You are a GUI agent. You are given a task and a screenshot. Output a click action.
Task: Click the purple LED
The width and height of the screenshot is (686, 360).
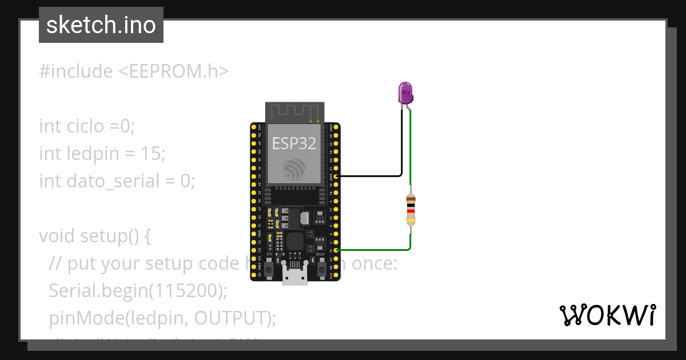(x=405, y=92)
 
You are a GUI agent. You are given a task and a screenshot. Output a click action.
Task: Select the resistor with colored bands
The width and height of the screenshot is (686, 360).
(x=410, y=209)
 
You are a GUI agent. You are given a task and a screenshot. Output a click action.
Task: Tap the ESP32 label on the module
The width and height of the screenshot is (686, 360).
(x=294, y=143)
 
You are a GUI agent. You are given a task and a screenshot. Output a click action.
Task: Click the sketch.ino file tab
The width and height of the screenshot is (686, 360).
(x=101, y=25)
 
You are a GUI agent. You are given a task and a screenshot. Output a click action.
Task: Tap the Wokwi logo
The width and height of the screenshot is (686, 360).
(x=607, y=315)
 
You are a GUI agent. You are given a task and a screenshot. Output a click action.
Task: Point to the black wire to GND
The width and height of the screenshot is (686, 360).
(x=372, y=176)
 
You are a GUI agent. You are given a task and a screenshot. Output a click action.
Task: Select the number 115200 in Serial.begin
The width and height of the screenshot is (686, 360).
(x=185, y=290)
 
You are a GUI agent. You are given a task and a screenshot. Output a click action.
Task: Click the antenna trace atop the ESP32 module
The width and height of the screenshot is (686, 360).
(x=294, y=111)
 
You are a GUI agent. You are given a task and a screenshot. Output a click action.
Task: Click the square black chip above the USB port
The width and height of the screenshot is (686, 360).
(x=295, y=241)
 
